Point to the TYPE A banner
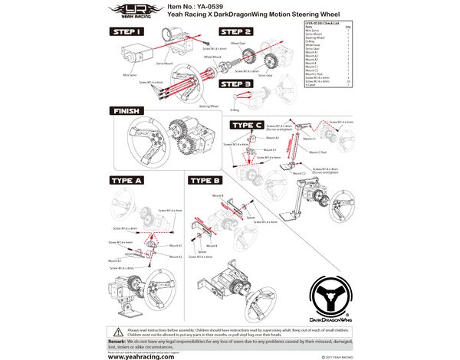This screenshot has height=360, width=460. (x=127, y=181)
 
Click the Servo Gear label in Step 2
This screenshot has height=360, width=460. (x=264, y=75)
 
